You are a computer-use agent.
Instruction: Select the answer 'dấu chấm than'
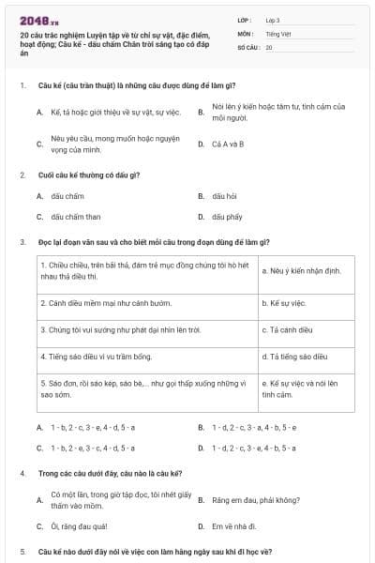pos(75,216)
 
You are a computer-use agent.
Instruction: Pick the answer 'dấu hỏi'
pos(224,195)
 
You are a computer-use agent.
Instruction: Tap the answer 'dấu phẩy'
pos(227,216)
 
